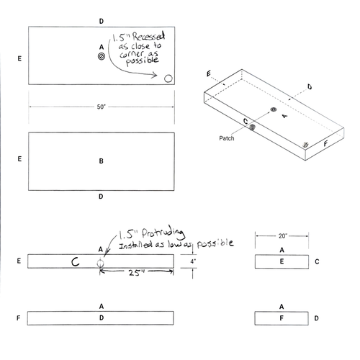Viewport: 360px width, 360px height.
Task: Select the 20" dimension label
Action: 282,235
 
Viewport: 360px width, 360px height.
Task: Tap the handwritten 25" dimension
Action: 137,274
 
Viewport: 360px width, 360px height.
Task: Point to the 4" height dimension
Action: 194,261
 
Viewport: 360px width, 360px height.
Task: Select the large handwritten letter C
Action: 75,262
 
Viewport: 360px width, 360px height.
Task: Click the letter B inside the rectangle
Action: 101,161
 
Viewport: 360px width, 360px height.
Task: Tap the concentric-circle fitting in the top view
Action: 102,55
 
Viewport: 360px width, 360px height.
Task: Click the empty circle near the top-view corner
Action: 168,78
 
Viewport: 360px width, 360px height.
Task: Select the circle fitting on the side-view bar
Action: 102,264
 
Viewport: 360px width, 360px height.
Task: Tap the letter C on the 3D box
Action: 246,122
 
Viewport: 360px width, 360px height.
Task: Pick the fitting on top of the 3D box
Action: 273,109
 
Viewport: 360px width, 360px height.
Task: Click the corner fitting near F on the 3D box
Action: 306,145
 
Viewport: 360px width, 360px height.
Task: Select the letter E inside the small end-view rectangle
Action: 282,261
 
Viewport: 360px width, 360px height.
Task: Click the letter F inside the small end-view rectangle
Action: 282,318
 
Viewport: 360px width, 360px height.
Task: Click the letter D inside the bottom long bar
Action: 101,318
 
